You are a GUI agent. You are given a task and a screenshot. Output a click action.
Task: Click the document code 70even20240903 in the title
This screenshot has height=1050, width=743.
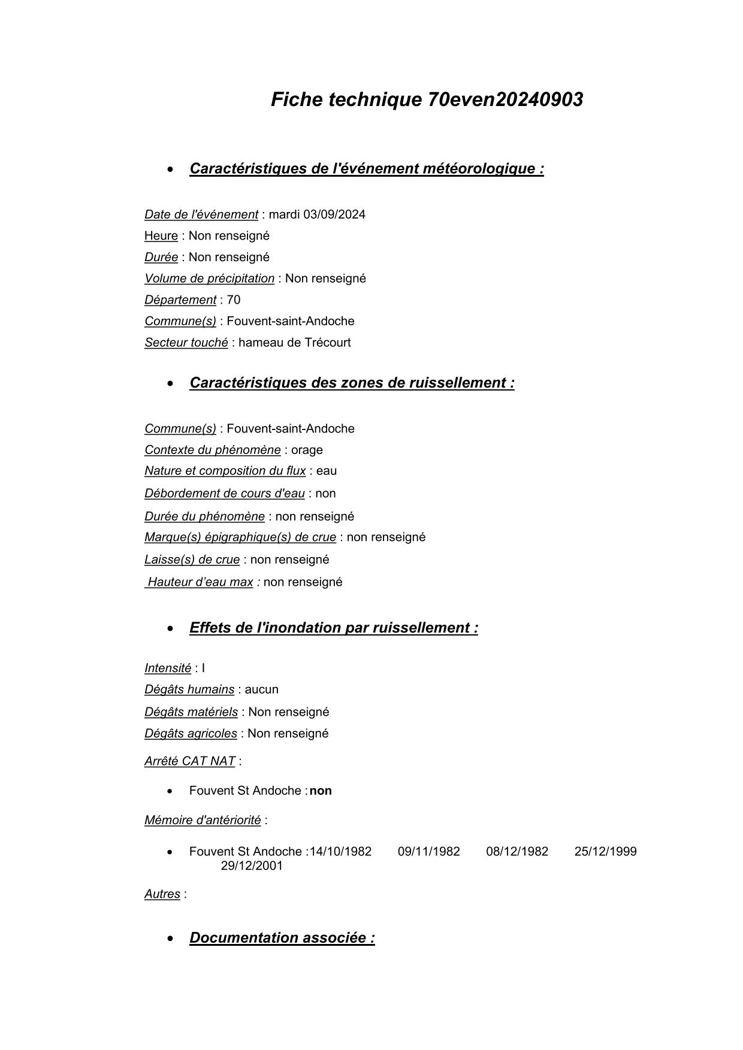pyautogui.click(x=505, y=99)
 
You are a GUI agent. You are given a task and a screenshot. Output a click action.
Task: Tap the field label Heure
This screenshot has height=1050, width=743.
pyautogui.click(x=161, y=236)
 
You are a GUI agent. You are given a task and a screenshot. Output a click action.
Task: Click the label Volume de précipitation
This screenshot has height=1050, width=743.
pyautogui.click(x=209, y=279)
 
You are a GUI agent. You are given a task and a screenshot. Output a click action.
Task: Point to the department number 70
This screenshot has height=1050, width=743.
pyautogui.click(x=234, y=300)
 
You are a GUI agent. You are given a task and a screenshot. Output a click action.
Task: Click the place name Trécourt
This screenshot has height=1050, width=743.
pyautogui.click(x=327, y=343)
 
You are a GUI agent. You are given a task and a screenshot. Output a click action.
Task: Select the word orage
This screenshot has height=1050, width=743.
pyautogui.click(x=307, y=450)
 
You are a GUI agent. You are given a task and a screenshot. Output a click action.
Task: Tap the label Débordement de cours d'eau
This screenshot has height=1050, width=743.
pyautogui.click(x=224, y=494)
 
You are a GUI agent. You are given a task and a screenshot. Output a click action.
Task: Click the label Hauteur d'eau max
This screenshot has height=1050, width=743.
pyautogui.click(x=200, y=582)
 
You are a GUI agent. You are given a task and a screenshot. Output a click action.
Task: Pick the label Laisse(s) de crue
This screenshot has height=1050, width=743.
pyautogui.click(x=192, y=559)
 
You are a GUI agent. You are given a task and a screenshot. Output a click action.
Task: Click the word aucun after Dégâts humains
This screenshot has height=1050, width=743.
pyautogui.click(x=262, y=689)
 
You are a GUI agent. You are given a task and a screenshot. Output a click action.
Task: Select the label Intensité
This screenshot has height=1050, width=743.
pyautogui.click(x=168, y=668)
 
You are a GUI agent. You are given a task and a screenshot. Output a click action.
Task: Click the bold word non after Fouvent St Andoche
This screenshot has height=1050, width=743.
pyautogui.click(x=321, y=791)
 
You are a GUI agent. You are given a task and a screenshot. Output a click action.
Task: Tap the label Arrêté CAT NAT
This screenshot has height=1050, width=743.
pyautogui.click(x=189, y=761)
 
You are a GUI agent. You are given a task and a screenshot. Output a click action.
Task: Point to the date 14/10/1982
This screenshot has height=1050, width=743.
pyautogui.click(x=340, y=852)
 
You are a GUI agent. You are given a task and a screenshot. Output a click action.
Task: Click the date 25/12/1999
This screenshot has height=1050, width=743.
pyautogui.click(x=605, y=852)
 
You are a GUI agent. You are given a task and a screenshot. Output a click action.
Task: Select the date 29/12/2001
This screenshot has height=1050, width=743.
pyautogui.click(x=252, y=866)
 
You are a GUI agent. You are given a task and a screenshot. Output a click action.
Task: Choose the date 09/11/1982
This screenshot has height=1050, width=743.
pyautogui.click(x=428, y=852)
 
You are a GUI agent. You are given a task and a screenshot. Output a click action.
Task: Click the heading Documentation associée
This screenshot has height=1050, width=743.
pyautogui.click(x=282, y=938)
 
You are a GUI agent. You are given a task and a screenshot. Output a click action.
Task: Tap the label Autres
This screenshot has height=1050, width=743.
pyautogui.click(x=162, y=894)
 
